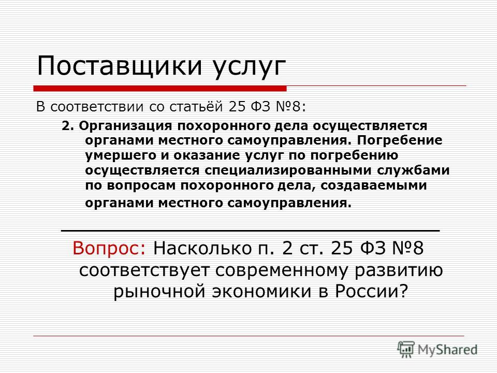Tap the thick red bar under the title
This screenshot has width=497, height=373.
(x=160, y=89)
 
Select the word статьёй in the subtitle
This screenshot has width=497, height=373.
(x=197, y=107)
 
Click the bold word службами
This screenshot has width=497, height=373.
(x=413, y=170)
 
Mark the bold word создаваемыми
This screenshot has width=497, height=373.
(x=374, y=185)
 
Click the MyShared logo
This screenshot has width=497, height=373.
(x=437, y=350)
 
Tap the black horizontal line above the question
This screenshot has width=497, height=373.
(x=251, y=231)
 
